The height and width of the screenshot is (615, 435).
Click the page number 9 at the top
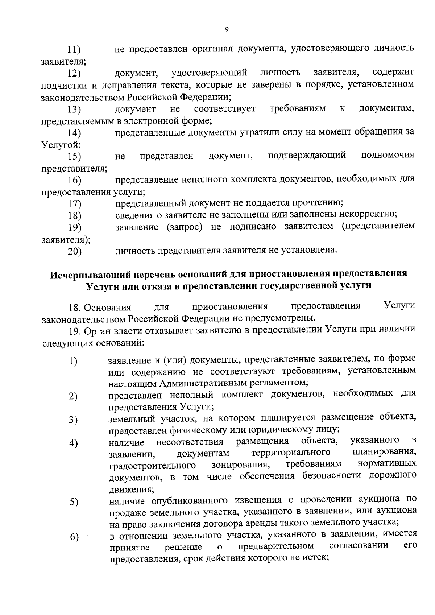227,30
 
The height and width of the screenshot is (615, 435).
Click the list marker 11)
74,50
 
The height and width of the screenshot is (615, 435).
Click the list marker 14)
74,133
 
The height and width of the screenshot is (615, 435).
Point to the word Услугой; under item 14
61,144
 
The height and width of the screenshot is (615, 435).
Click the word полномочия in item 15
388,156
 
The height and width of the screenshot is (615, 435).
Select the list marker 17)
74,204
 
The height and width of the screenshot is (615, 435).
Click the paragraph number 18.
75,308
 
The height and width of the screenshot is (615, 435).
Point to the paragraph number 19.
75,330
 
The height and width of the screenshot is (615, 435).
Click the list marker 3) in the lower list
74,420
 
